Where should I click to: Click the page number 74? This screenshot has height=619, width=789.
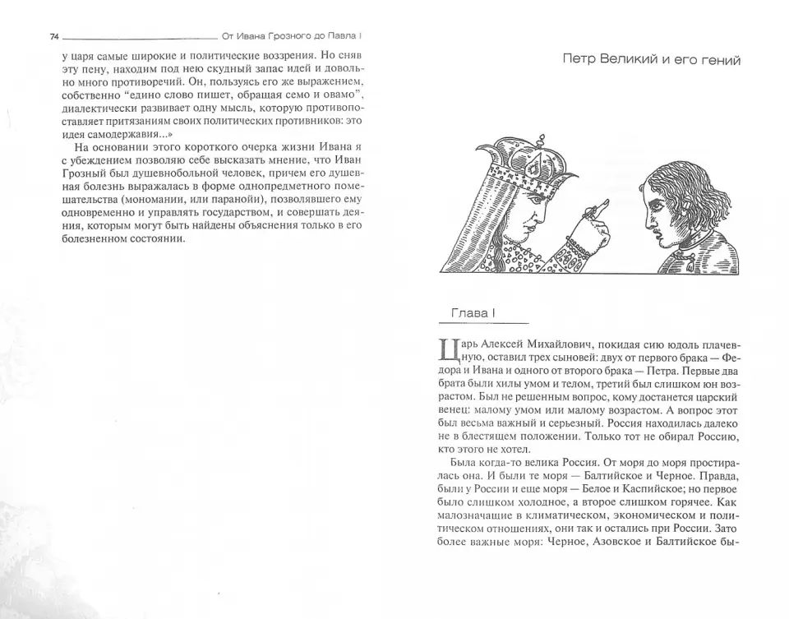click(x=54, y=37)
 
